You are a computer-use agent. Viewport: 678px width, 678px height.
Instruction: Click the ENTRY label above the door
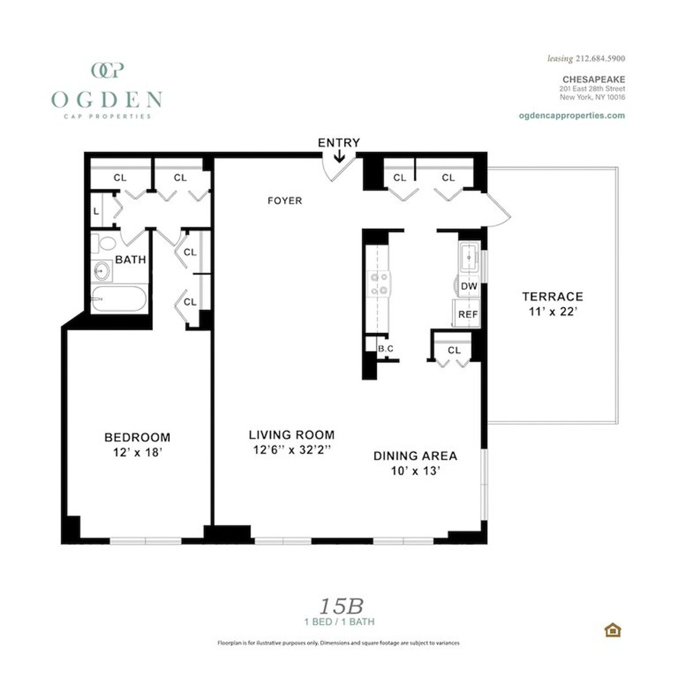338,142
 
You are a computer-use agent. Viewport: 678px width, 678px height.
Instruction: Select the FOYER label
285,201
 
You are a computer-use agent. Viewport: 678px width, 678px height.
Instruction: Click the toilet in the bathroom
105,244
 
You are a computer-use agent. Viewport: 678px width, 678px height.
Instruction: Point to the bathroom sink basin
102,271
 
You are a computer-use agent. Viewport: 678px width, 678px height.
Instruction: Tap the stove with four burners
378,284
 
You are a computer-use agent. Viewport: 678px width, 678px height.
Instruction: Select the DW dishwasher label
469,286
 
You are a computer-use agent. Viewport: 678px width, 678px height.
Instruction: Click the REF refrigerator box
468,314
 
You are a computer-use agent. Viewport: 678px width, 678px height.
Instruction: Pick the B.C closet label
386,349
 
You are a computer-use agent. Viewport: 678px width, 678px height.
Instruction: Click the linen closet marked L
96,211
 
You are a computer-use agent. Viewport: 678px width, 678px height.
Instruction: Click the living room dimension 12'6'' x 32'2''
292,450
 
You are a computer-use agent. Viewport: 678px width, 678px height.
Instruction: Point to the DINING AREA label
415,455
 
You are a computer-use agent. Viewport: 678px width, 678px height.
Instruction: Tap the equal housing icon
612,629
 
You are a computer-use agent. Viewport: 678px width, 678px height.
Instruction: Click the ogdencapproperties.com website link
571,115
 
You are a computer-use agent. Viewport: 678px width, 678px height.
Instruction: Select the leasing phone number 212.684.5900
600,58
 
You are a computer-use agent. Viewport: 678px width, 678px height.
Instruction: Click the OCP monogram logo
107,70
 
